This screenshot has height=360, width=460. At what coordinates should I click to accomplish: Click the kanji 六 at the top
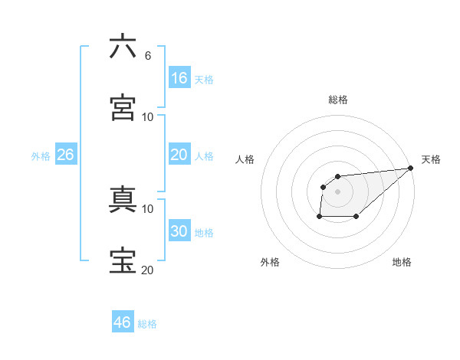click(x=123, y=47)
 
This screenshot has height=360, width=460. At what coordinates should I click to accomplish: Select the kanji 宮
click(x=123, y=107)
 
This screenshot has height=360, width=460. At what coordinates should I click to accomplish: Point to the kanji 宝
click(x=123, y=260)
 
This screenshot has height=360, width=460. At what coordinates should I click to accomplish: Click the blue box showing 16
click(x=179, y=77)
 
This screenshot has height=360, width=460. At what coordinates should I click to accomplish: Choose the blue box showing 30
click(x=179, y=231)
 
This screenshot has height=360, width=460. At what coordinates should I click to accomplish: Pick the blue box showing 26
click(x=66, y=155)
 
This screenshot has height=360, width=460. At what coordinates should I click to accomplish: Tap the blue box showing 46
click(x=123, y=322)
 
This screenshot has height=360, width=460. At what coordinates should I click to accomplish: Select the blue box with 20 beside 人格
click(x=179, y=155)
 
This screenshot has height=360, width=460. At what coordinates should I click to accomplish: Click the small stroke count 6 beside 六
click(x=148, y=56)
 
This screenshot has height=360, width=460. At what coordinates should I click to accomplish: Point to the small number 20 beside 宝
click(x=148, y=270)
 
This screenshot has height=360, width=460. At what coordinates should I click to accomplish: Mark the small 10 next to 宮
click(x=148, y=116)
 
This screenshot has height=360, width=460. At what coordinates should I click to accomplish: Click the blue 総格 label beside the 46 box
click(x=148, y=324)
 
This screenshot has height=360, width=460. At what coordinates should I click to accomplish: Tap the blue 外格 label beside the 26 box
click(x=41, y=156)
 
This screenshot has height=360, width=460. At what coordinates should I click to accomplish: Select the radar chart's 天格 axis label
click(x=431, y=159)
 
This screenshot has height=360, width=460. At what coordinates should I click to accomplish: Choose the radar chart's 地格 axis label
click(x=402, y=262)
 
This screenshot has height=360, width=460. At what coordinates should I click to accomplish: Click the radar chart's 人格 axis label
click(x=245, y=159)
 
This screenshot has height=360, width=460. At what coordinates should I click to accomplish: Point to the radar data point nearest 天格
click(x=411, y=168)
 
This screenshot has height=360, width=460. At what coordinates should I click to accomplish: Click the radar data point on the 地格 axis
click(x=356, y=217)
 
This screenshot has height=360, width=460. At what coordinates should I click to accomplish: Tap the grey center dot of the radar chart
click(x=338, y=191)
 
